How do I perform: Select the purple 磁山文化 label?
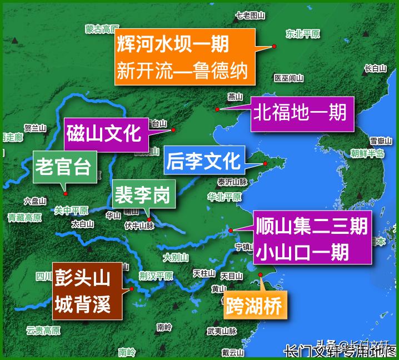tap(106, 134)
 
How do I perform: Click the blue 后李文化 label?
tap(203, 161)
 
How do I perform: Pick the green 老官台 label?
tap(62, 166)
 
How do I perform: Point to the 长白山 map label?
tap(375, 68)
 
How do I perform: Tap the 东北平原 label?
tap(302, 34)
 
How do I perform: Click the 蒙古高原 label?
tap(102, 28)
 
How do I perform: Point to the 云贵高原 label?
tap(43, 331)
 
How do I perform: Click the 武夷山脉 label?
tap(222, 331)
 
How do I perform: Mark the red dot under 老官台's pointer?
tap(66, 193)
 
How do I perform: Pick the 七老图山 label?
tap(248, 15)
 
